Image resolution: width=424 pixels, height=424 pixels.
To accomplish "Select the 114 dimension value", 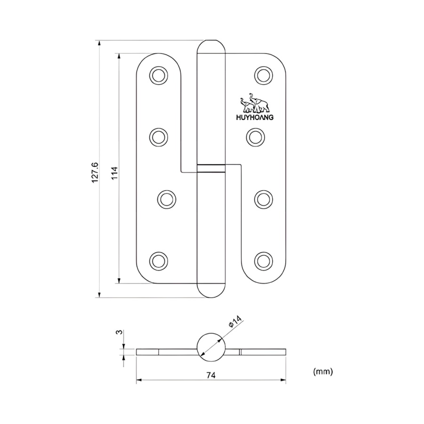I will coord(114,173).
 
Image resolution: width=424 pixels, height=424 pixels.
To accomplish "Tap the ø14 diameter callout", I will coord(235,323).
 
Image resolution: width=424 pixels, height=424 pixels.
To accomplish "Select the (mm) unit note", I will coord(323,372).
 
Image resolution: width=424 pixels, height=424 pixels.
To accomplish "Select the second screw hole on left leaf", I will coord(158,137).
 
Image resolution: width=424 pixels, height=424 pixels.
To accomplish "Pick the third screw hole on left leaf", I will coord(165,199).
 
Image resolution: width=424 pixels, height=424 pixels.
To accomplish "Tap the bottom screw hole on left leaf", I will coord(158,260).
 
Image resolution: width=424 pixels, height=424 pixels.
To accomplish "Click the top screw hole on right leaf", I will coord(263,75).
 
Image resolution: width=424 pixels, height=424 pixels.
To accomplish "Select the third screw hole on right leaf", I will coord(263,199).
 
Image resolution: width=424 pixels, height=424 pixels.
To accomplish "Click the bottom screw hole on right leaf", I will coord(263,260).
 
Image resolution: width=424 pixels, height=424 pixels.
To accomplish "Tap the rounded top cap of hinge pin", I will coord(211,47).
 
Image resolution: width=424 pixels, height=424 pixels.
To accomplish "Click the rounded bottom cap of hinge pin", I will coord(211,290).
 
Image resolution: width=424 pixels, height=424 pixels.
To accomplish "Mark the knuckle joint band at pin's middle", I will coord(211,168).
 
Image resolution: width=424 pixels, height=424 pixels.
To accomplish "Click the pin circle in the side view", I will coord(211,346).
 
